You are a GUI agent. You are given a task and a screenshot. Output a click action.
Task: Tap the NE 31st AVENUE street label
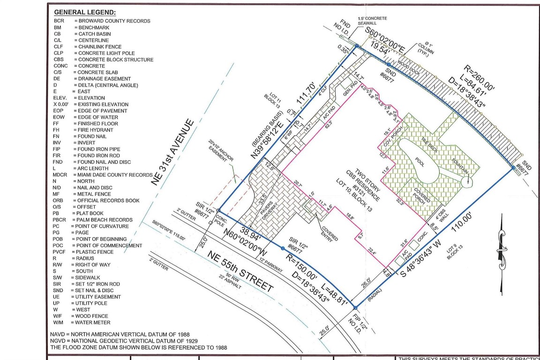coord(173,152)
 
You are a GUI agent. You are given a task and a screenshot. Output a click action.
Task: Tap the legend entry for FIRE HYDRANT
coord(96,130)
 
